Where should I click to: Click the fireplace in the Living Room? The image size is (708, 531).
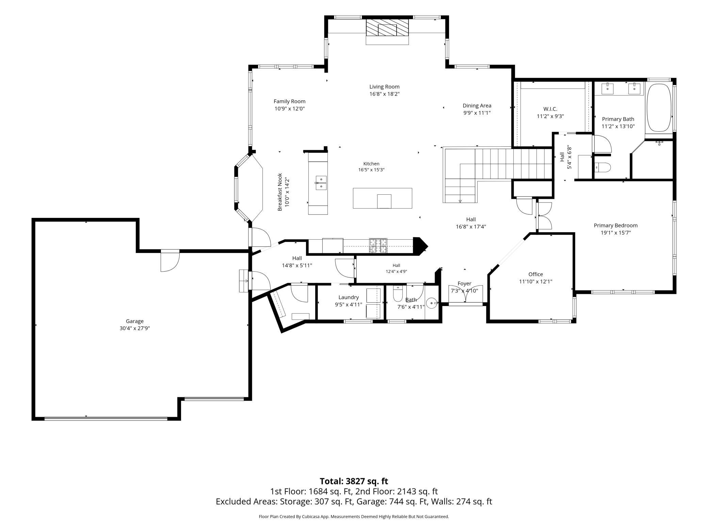tap(387, 28)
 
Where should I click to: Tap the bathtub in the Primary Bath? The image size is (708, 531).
tap(659, 108)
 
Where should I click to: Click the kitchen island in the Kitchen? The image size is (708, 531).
tap(382, 198)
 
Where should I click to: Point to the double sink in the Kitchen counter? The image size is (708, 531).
tap(321, 183)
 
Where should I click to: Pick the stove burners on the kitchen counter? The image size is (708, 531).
tap(379, 246)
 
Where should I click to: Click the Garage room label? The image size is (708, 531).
tap(135, 321)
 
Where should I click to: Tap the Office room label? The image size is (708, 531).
tap(535, 274)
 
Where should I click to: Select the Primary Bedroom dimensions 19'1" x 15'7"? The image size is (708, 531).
tap(615, 233)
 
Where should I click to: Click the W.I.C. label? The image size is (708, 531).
tap(550, 109)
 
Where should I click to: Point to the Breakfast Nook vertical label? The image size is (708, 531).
tap(280, 192)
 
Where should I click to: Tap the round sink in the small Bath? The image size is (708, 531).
tap(432, 303)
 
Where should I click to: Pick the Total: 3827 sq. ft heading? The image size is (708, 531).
tap(354, 481)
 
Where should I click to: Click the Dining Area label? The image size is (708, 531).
tap(477, 106)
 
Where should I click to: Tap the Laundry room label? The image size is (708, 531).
tap(349, 297)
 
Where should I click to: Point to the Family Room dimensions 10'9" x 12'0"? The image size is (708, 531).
tap(290, 109)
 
